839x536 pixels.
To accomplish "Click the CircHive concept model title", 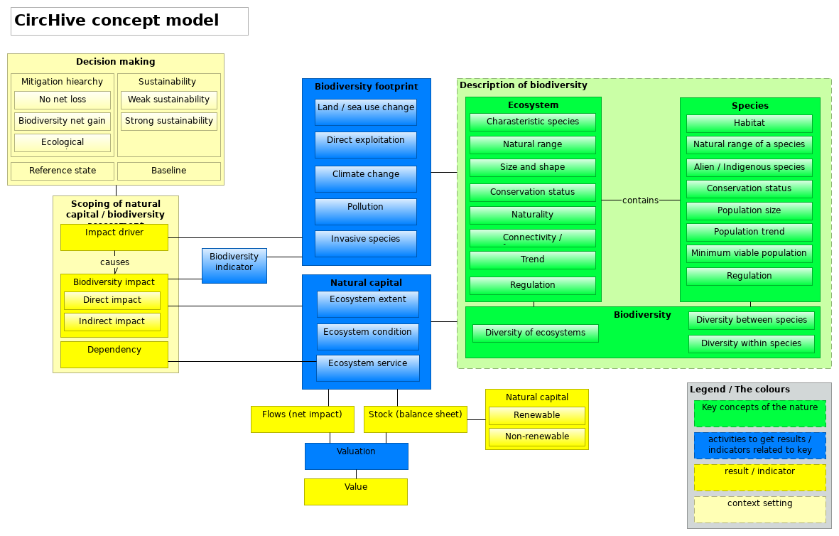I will coord(117,21).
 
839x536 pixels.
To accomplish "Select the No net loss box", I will coord(63,100).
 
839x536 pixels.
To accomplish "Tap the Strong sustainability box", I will coord(169,121).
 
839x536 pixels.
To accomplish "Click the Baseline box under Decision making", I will coord(169,171).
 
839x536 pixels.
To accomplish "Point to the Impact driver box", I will coord(114,237).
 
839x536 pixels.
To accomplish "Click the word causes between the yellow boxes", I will coord(114,262).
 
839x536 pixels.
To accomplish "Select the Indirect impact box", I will coord(112,321).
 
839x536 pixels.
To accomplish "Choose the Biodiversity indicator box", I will coord(234,266).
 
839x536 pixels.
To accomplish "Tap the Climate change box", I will coord(366,179).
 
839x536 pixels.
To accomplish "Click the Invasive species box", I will coord(366,244).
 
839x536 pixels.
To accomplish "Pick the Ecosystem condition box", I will coord(367,336).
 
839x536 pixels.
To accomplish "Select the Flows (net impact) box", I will coord(302,419).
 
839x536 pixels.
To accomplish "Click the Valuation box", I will coord(356,456).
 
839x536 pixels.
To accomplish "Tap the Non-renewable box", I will coord(537,436).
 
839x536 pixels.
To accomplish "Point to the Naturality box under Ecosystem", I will coord(532,215).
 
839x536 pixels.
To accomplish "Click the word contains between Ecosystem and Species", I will coord(640,200).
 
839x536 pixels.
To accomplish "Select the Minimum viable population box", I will coord(749,253).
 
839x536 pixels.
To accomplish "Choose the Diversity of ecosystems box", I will coord(536,333).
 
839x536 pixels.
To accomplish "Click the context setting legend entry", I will coord(759,509).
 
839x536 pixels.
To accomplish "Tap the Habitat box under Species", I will coord(749,123).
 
